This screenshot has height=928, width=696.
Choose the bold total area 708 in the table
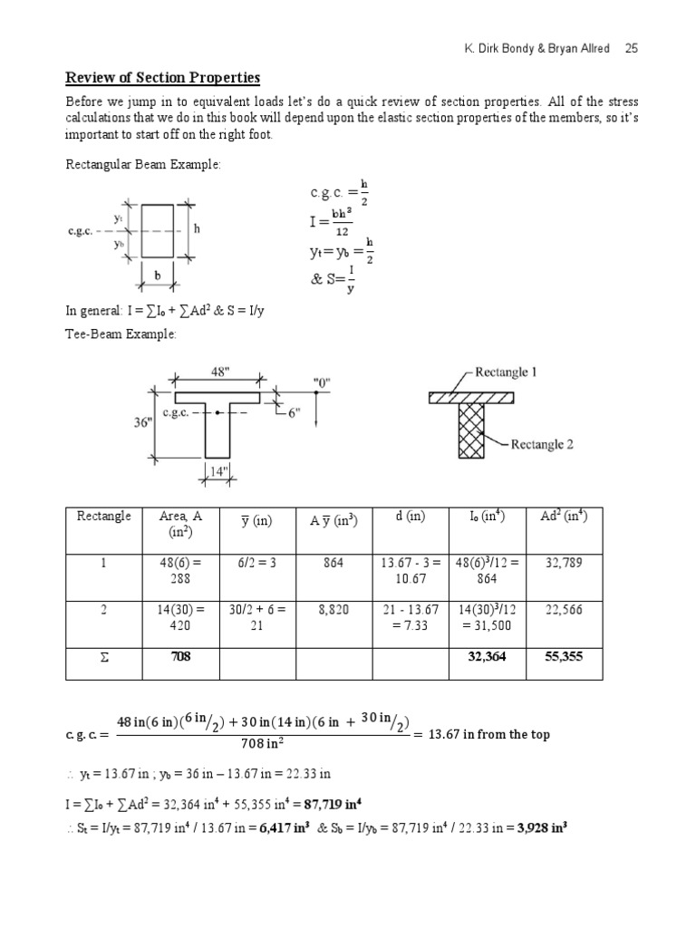click(180, 657)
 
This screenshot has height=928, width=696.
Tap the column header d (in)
click(411, 517)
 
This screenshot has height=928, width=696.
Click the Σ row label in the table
click(103, 657)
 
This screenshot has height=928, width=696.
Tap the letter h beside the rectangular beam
click(197, 229)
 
